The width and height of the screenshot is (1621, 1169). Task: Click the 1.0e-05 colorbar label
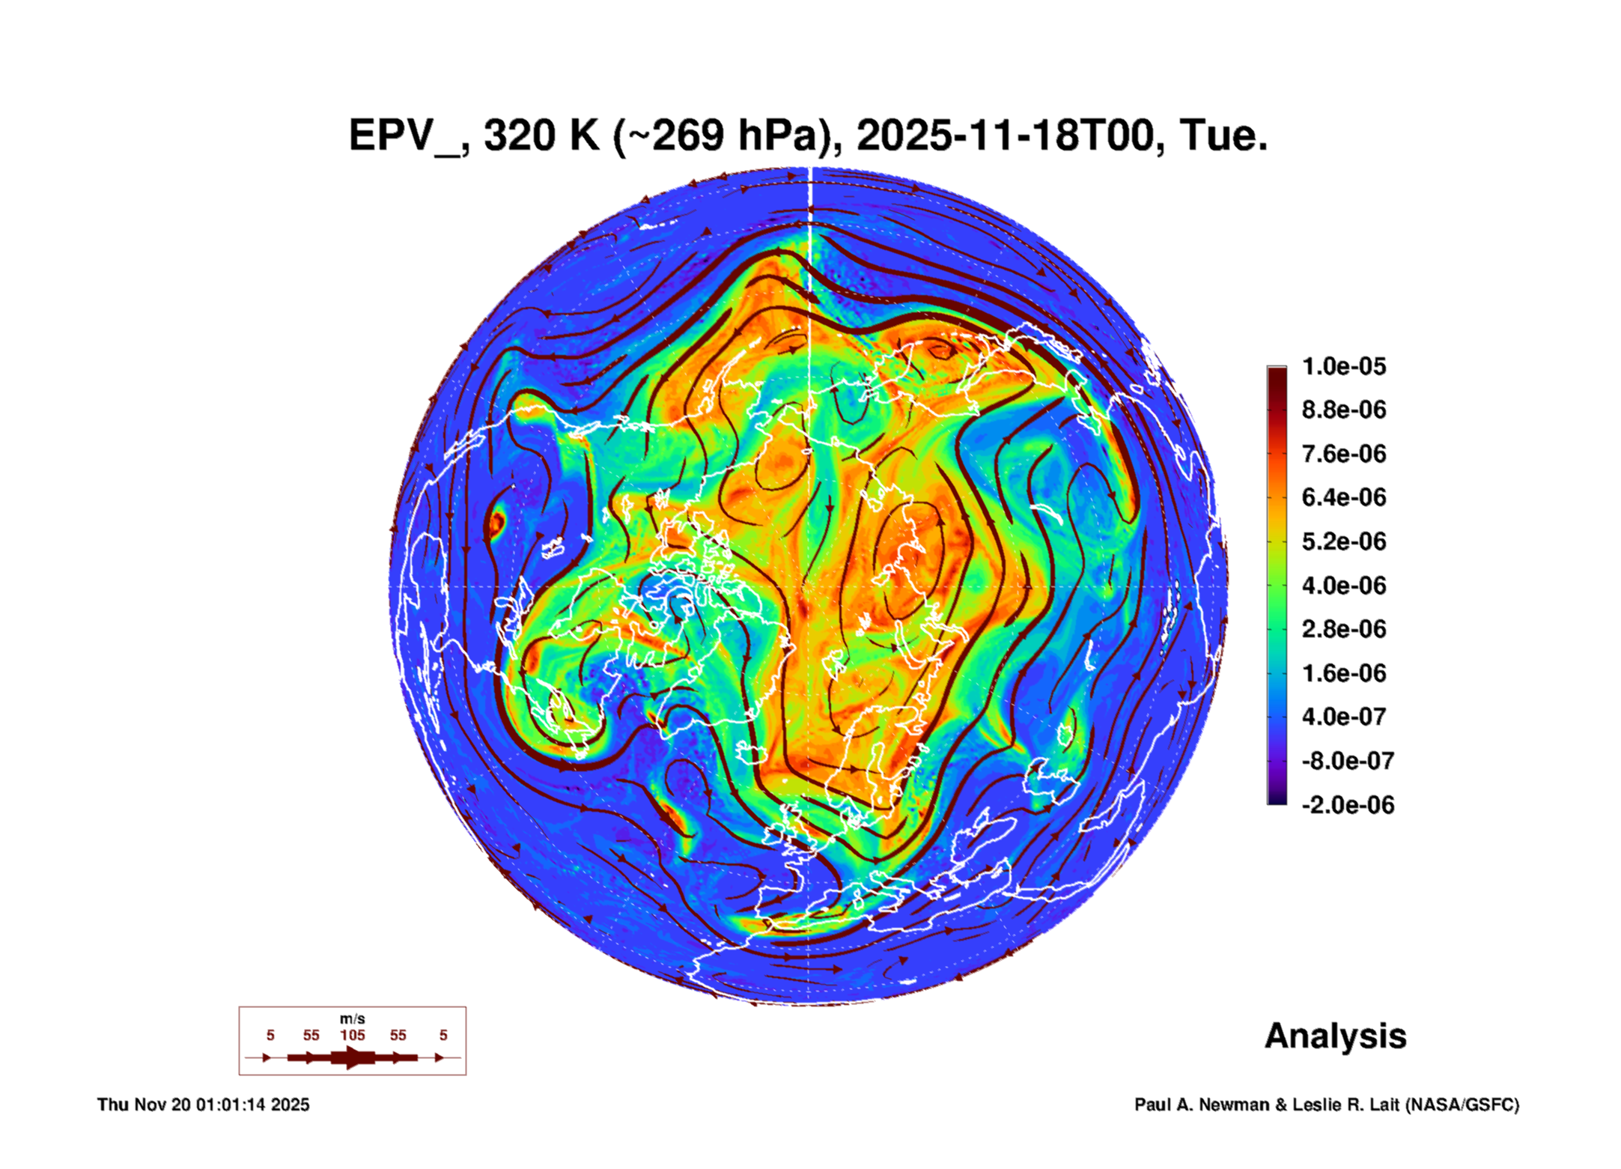[1344, 366]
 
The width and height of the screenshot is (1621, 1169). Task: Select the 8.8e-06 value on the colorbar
[1344, 410]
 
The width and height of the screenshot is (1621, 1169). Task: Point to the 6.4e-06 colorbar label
[1344, 497]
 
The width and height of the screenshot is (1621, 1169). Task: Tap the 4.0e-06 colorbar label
[1344, 585]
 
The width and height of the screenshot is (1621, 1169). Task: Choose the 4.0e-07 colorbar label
[1344, 717]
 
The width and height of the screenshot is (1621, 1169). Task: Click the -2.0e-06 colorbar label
[1348, 805]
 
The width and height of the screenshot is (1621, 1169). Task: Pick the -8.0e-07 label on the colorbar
[1348, 761]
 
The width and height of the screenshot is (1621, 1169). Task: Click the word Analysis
[1336, 1036]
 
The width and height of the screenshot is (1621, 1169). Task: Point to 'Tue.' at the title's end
[1223, 136]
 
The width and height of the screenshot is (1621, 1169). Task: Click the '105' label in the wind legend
[353, 1035]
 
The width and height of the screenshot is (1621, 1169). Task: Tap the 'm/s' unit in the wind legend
[353, 1019]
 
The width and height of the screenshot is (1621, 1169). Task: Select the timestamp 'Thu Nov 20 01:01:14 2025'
[204, 1105]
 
